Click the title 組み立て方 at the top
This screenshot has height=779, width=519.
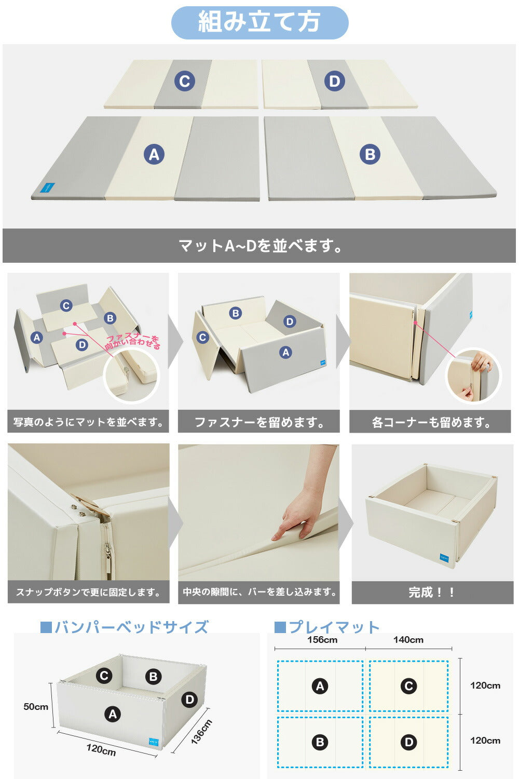(x=259, y=22)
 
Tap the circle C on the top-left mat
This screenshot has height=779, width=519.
(x=185, y=81)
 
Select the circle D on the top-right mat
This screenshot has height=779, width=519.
(x=334, y=81)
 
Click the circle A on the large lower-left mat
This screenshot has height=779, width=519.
(x=154, y=154)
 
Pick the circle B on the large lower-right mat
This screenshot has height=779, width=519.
(x=370, y=154)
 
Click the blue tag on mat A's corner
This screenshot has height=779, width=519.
(x=47, y=187)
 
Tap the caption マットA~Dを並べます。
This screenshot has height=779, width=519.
(x=260, y=246)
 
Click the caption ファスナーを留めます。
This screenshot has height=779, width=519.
(x=259, y=422)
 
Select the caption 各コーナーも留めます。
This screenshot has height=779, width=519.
(x=431, y=422)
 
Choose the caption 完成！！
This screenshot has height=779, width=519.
(x=431, y=592)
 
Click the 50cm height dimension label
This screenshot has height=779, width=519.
(x=36, y=706)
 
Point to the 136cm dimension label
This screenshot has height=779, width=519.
(x=201, y=732)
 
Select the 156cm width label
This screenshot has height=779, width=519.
(x=322, y=639)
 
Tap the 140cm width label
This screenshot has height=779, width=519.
(x=408, y=639)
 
